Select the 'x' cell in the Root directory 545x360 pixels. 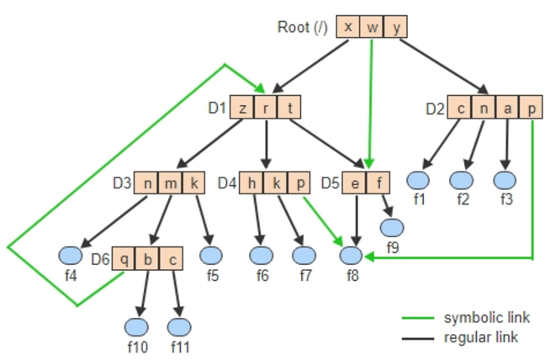pyautogui.click(x=348, y=26)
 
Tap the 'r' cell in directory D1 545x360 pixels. pyautogui.click(x=266, y=108)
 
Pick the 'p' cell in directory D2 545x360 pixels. pyautogui.click(x=532, y=108)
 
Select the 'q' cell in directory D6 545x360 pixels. pyautogui.click(x=124, y=257)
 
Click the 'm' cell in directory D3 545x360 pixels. pyautogui.click(x=171, y=183)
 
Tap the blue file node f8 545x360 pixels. pyautogui.click(x=353, y=254)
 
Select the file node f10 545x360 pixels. pyautogui.click(x=135, y=326)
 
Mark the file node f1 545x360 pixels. pyautogui.click(x=418, y=179)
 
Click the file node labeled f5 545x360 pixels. pyautogui.click(x=211, y=254)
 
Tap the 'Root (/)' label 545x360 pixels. pyautogui.click(x=302, y=27)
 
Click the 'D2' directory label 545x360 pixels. pyautogui.click(x=434, y=109)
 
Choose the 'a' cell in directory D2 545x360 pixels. pyautogui.click(x=508, y=108)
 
